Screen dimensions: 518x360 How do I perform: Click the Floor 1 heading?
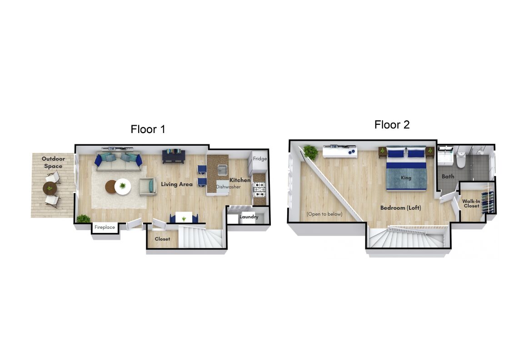(148, 129)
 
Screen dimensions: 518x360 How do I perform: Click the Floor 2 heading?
(392, 124)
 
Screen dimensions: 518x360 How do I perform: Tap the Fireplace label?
(105, 227)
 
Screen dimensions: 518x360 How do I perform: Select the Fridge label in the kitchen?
(260, 159)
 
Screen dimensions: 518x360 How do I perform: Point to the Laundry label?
(249, 217)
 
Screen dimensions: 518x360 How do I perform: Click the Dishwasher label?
(228, 187)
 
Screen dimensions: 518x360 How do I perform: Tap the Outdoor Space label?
(53, 163)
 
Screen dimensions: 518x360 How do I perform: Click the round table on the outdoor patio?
(50, 189)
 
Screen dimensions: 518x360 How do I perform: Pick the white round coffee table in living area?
(123, 187)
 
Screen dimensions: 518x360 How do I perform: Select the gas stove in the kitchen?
(259, 189)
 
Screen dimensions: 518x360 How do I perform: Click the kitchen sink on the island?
(222, 170)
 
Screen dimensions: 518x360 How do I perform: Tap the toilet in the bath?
(461, 159)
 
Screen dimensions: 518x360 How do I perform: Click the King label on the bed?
(406, 178)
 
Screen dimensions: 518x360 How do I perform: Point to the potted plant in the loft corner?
(310, 152)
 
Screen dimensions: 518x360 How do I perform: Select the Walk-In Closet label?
(471, 203)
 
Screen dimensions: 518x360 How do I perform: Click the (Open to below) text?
(324, 214)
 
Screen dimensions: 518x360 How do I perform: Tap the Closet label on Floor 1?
(162, 239)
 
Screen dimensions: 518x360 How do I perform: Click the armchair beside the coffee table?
(148, 187)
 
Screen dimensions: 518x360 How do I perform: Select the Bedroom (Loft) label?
(400, 207)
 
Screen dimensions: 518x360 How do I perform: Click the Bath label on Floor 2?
(448, 177)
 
